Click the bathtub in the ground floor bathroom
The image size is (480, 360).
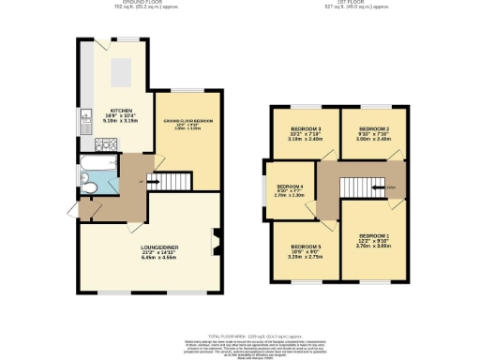[96, 169]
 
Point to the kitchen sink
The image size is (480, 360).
[85, 117]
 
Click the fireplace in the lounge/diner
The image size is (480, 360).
[217, 241]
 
